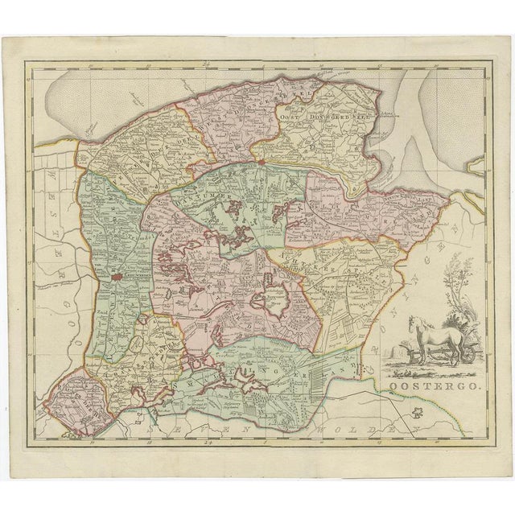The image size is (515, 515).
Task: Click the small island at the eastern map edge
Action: point(477,166)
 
